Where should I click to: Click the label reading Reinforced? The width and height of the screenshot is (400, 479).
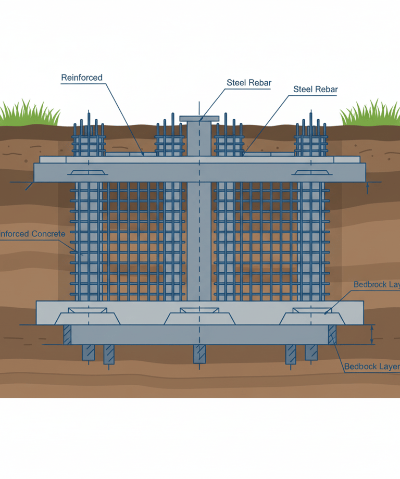pyautogui.click(x=82, y=78)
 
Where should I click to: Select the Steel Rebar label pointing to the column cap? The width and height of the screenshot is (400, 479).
pyautogui.click(x=245, y=82)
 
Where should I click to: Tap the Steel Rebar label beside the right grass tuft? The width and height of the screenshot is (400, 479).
pyautogui.click(x=316, y=89)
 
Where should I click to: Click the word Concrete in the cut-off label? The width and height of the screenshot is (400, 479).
pyautogui.click(x=48, y=234)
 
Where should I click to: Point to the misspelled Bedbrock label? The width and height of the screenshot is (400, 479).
pyautogui.click(x=376, y=284)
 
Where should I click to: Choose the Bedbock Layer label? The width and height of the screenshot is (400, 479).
pyautogui.click(x=372, y=367)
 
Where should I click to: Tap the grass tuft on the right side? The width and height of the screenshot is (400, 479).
pyautogui.click(x=370, y=114)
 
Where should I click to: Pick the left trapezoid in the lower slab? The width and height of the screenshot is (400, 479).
pyautogui.click(x=88, y=317)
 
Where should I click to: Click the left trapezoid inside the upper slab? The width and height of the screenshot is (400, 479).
pyautogui.click(x=88, y=172)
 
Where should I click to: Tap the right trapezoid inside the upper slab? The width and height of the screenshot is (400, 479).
pyautogui.click(x=311, y=172)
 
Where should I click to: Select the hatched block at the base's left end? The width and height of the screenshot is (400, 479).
pyautogui.click(x=67, y=334)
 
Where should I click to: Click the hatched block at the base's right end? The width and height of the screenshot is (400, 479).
pyautogui.click(x=332, y=334)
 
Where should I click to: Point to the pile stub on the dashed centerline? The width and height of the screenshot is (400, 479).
pyautogui.click(x=200, y=354)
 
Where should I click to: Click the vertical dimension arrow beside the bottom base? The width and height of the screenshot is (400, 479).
pyautogui.click(x=372, y=334)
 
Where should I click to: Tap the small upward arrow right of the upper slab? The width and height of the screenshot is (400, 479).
pyautogui.click(x=368, y=187)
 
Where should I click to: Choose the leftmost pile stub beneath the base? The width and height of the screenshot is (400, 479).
pyautogui.click(x=87, y=352)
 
